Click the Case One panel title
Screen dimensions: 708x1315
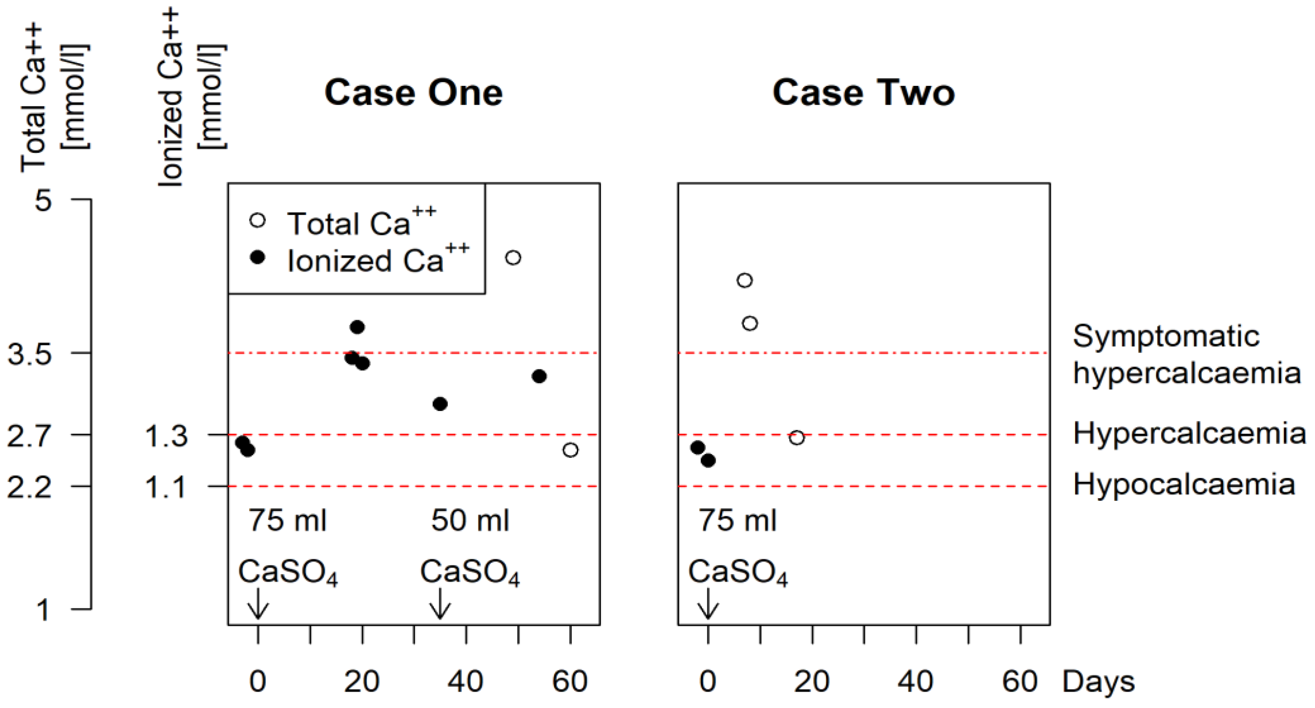coord(413,93)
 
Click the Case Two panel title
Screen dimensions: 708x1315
coord(863,93)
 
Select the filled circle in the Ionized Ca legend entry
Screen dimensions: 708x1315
coord(258,258)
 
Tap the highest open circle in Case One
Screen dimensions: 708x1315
coord(513,258)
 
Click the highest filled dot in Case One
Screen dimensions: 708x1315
coord(357,327)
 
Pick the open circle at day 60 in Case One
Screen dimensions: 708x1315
coord(570,450)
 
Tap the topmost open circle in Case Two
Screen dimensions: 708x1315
coord(745,280)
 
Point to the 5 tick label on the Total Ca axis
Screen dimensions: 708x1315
coord(43,200)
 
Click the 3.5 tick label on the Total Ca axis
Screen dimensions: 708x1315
coord(29,353)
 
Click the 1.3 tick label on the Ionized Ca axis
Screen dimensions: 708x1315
coord(166,436)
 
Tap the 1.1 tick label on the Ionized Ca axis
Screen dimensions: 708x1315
coord(166,486)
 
